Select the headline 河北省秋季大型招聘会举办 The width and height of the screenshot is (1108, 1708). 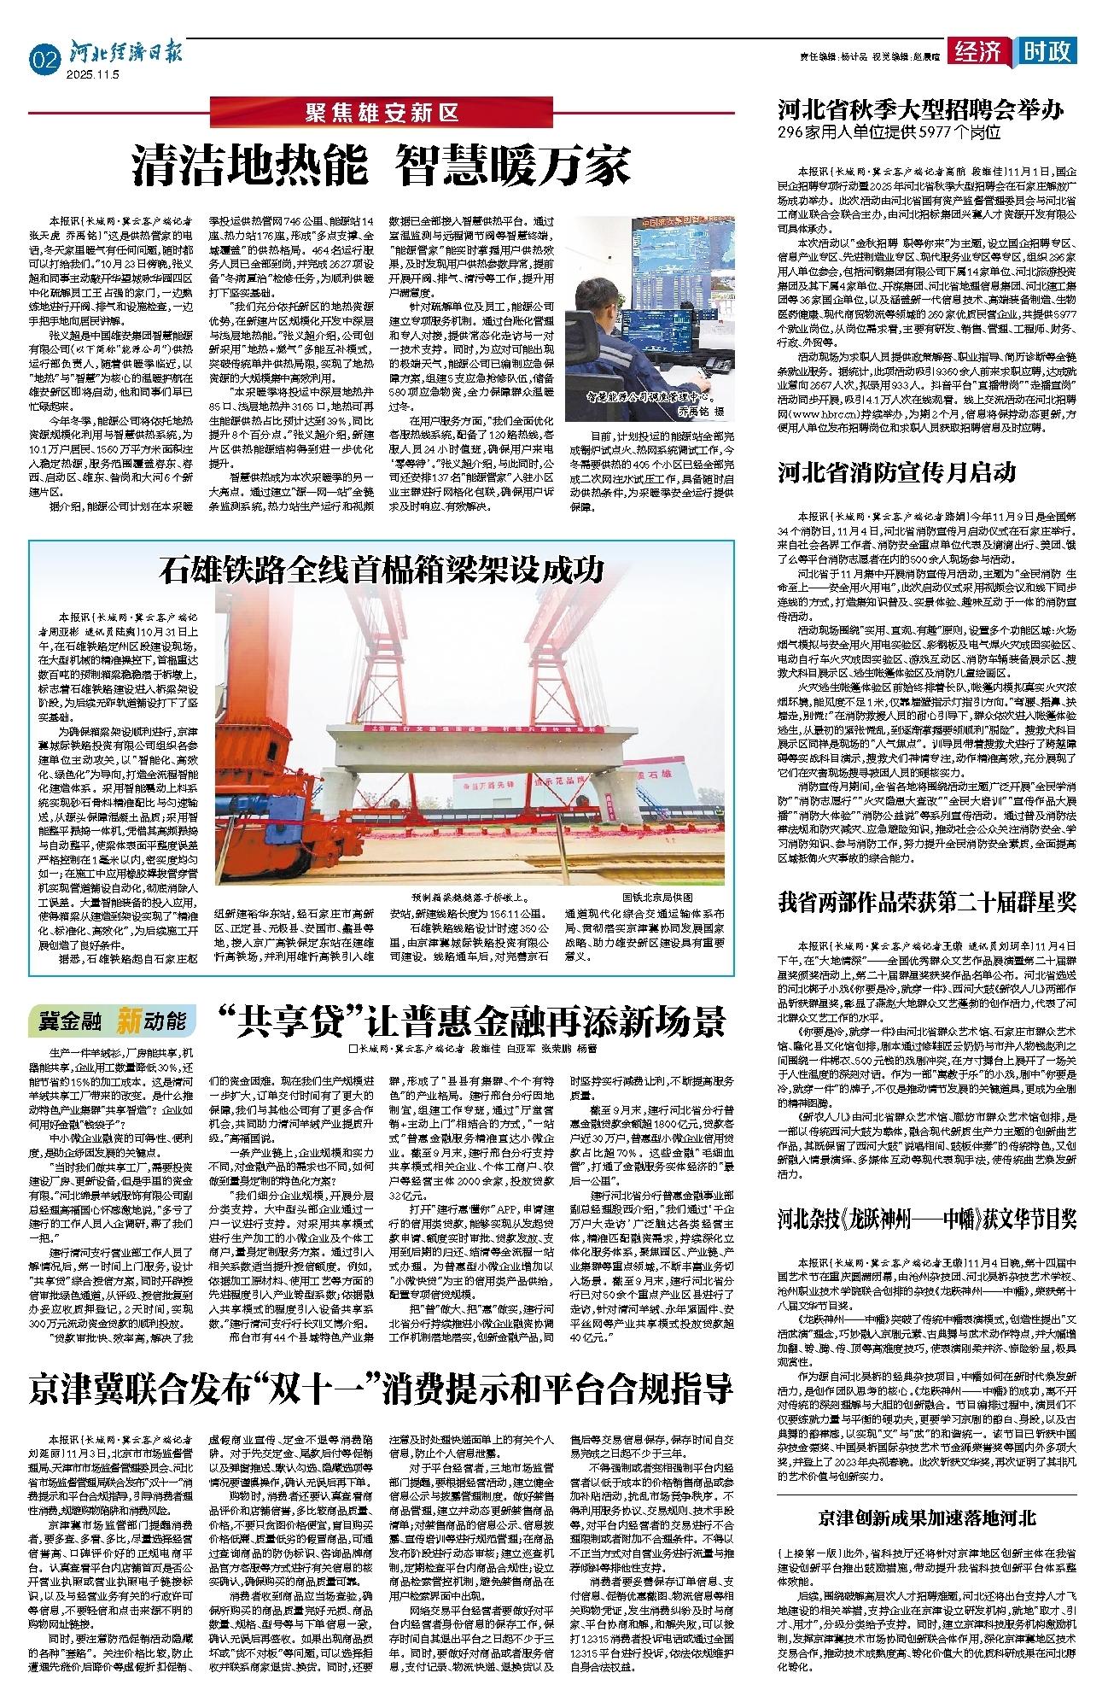(919, 110)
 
